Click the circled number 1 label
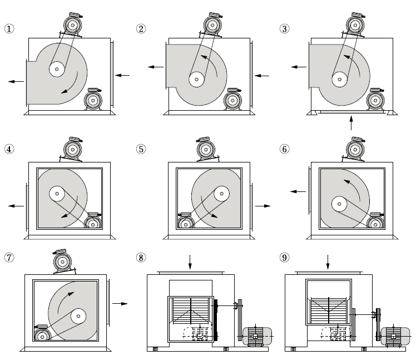pyautogui.click(x=8, y=28)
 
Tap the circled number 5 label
pyautogui.click(x=141, y=149)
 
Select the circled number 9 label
pyautogui.click(x=284, y=258)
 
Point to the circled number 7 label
pyautogui.click(x=8, y=258)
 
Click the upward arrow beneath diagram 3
pyautogui.click(x=351, y=122)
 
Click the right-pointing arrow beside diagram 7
pyautogui.click(x=120, y=303)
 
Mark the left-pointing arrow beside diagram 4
pyautogui.click(x=16, y=205)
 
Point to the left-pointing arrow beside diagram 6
pyautogui.click(x=298, y=191)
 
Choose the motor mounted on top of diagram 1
pyautogui.click(x=71, y=24)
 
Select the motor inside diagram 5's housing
pyautogui.click(x=186, y=222)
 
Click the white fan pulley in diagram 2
pyautogui.click(x=195, y=79)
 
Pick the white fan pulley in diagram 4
pyautogui.click(x=57, y=194)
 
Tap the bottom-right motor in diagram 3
pyautogui.click(x=376, y=100)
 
